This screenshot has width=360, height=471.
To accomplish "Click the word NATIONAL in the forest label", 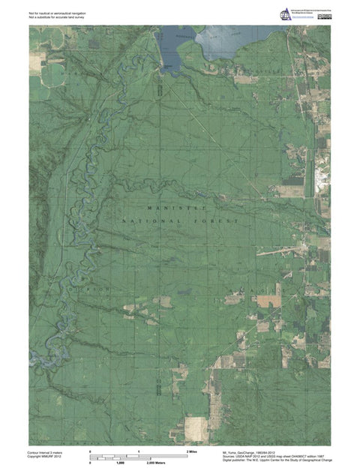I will point(151,222).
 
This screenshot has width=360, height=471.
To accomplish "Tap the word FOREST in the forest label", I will point(220,222).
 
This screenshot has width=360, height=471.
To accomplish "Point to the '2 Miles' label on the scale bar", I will point(192,451).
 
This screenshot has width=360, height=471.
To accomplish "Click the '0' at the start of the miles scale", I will point(91,451).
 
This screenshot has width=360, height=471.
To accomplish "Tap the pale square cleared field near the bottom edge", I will point(196,428).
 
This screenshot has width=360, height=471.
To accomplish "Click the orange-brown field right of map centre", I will point(269,300).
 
